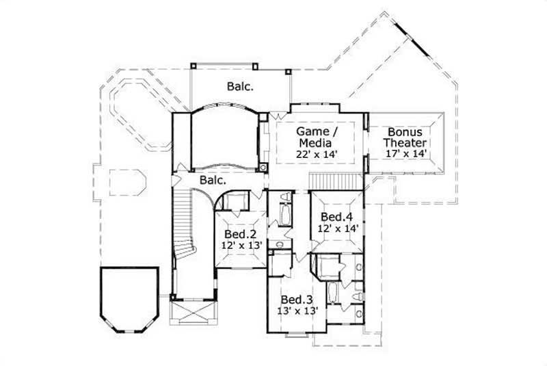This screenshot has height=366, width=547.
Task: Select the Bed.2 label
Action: (238, 233)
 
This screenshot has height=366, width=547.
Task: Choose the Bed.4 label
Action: (336, 218)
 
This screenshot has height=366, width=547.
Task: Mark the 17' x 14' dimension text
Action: (405, 155)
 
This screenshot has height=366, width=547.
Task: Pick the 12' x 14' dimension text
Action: (336, 229)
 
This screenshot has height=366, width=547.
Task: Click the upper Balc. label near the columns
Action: (240, 87)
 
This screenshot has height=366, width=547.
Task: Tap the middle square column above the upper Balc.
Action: (255, 66)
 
